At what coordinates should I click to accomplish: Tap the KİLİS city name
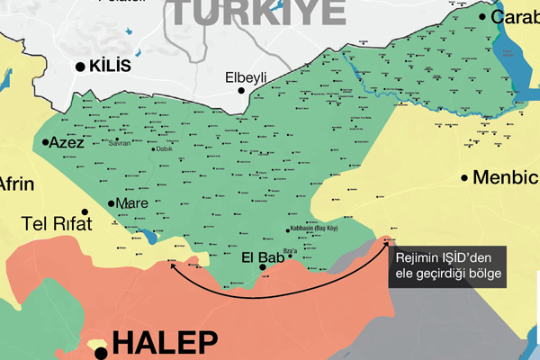coord(111,67)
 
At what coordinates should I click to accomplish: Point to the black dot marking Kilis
coord(80,67)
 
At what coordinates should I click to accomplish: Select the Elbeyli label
coord(246,78)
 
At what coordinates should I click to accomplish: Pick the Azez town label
coord(67,143)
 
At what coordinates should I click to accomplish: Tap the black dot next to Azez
coord(44,142)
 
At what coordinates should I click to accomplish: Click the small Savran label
coord(120,143)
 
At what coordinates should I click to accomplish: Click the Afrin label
coord(16,185)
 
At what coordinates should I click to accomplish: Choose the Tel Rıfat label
coord(58,224)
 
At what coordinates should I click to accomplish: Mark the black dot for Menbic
coord(465,177)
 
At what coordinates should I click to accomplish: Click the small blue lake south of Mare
coord(146,239)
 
